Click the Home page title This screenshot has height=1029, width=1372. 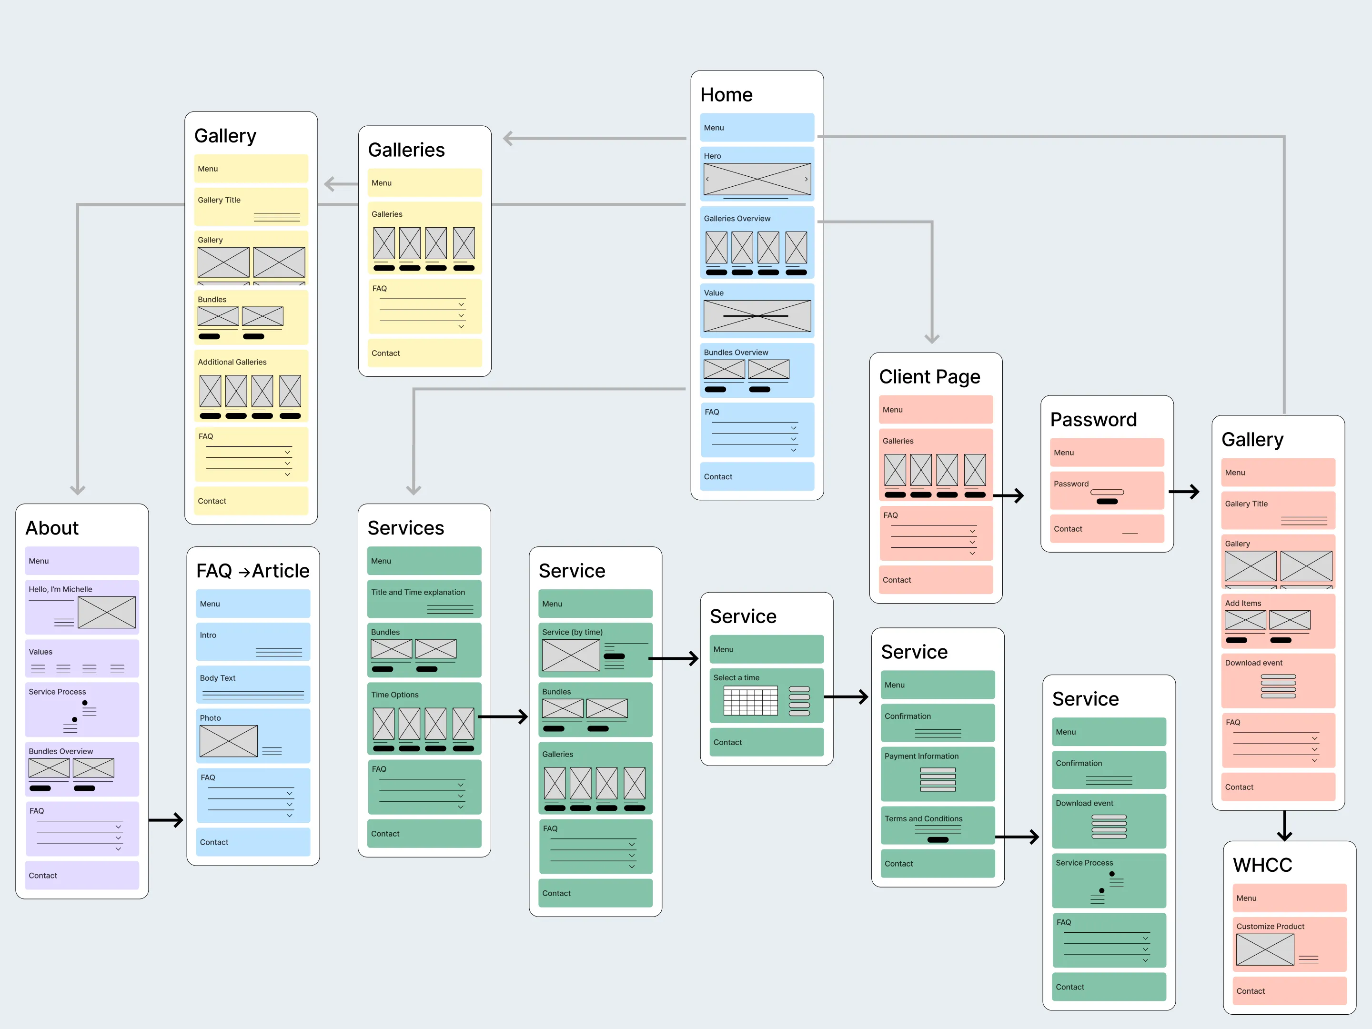click(x=726, y=95)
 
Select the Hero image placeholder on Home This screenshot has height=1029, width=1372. click(x=757, y=179)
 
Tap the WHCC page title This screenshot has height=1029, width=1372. click(x=1262, y=865)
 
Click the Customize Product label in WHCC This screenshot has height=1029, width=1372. click(x=1270, y=926)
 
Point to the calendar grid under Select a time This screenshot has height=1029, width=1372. click(x=750, y=701)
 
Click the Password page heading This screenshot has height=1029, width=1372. click(x=1093, y=420)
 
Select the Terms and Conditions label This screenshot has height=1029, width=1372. click(x=923, y=819)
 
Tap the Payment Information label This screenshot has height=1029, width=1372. click(x=921, y=756)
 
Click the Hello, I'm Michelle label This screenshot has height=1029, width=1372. click(x=60, y=589)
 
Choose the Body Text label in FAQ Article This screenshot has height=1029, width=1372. click(x=217, y=678)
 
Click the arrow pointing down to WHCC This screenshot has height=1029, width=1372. click(x=1284, y=826)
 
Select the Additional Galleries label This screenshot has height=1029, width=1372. click(x=232, y=362)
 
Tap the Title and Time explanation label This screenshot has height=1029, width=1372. click(x=417, y=592)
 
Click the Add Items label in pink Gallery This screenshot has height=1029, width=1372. click(x=1242, y=603)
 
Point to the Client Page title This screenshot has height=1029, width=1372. click(x=929, y=377)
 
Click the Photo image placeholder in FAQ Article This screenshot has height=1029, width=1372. click(x=228, y=741)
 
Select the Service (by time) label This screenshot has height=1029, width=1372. click(x=572, y=632)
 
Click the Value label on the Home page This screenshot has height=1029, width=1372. click(x=713, y=293)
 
